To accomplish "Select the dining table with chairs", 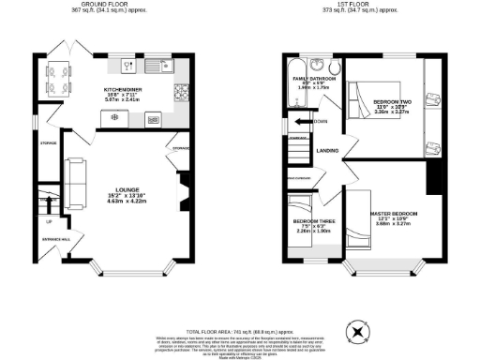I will click(x=58, y=78).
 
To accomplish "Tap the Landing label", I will click(x=327, y=150).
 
